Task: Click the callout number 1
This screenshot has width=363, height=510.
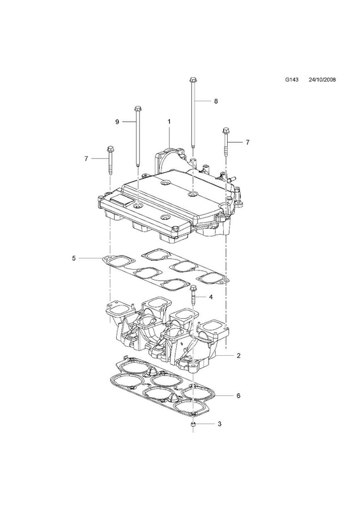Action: [x=169, y=122]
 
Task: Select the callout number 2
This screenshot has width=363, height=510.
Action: [x=239, y=356]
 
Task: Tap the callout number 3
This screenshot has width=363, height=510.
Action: [x=219, y=424]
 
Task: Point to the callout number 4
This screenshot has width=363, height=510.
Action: [x=211, y=297]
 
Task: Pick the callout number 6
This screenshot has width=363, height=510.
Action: [x=239, y=396]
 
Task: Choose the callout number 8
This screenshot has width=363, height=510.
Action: [x=216, y=101]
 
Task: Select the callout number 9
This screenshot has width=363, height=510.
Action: [x=117, y=122]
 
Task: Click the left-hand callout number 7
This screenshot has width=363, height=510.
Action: [x=86, y=159]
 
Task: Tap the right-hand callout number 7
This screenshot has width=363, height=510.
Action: [x=248, y=142]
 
